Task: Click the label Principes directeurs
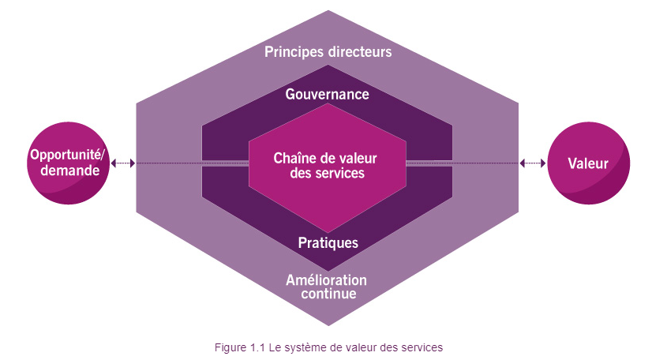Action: (x=328, y=52)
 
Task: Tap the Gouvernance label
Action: (x=328, y=94)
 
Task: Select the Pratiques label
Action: (x=328, y=242)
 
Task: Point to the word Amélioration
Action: (x=327, y=280)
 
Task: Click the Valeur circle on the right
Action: (x=588, y=163)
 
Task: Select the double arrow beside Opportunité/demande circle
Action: (x=123, y=163)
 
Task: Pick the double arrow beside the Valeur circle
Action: (x=533, y=163)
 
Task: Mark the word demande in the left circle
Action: (x=69, y=171)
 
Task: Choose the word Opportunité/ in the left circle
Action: (x=69, y=155)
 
